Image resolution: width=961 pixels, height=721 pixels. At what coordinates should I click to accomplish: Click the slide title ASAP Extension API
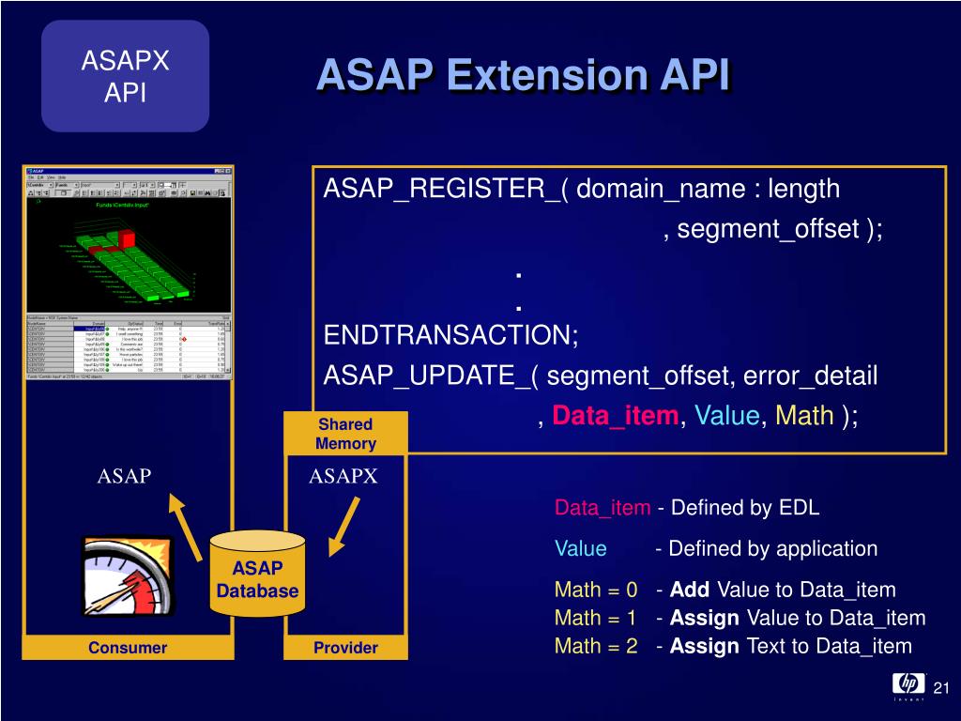point(523,76)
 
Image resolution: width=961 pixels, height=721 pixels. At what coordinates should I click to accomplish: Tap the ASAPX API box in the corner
point(125,76)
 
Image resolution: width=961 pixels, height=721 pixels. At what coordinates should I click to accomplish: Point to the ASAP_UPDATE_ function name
point(432,376)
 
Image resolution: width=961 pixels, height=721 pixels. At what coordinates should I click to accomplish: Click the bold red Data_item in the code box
point(615,416)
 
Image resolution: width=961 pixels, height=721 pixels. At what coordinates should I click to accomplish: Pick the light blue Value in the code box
point(727,416)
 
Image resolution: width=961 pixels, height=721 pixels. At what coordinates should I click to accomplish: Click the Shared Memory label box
point(345,434)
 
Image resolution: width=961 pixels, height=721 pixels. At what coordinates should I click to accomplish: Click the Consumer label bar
point(128,648)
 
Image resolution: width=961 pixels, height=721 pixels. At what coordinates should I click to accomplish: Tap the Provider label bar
point(345,648)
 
